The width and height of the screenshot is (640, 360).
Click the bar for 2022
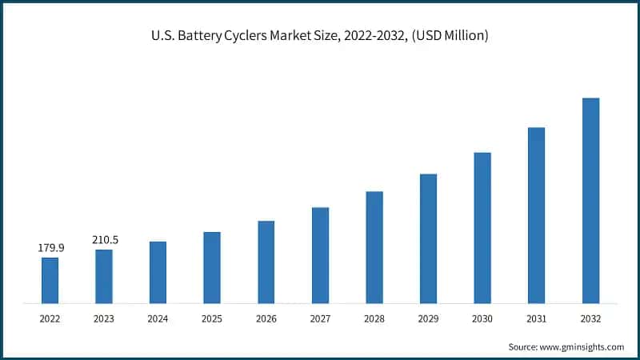pos(50,280)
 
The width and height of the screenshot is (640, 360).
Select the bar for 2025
pos(212,268)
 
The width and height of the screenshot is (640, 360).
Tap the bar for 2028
pos(374,247)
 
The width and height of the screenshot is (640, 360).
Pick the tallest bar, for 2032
pos(590,201)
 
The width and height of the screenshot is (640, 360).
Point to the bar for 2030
pos(482,228)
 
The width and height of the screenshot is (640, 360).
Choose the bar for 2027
pos(320,255)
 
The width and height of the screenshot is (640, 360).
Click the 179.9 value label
pos(50,248)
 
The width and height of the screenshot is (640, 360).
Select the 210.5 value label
pos(104,240)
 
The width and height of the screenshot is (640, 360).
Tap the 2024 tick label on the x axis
pos(158,318)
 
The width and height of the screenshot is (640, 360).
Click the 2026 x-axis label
pos(266,318)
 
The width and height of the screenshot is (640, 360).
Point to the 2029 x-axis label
pos(428,318)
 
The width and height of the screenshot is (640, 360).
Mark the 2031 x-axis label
pos(536,318)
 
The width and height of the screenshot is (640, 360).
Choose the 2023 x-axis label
pos(104,318)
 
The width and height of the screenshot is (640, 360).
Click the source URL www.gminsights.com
pos(582,347)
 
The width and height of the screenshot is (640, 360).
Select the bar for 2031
pos(536,215)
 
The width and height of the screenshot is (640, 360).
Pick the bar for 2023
pos(104,276)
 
